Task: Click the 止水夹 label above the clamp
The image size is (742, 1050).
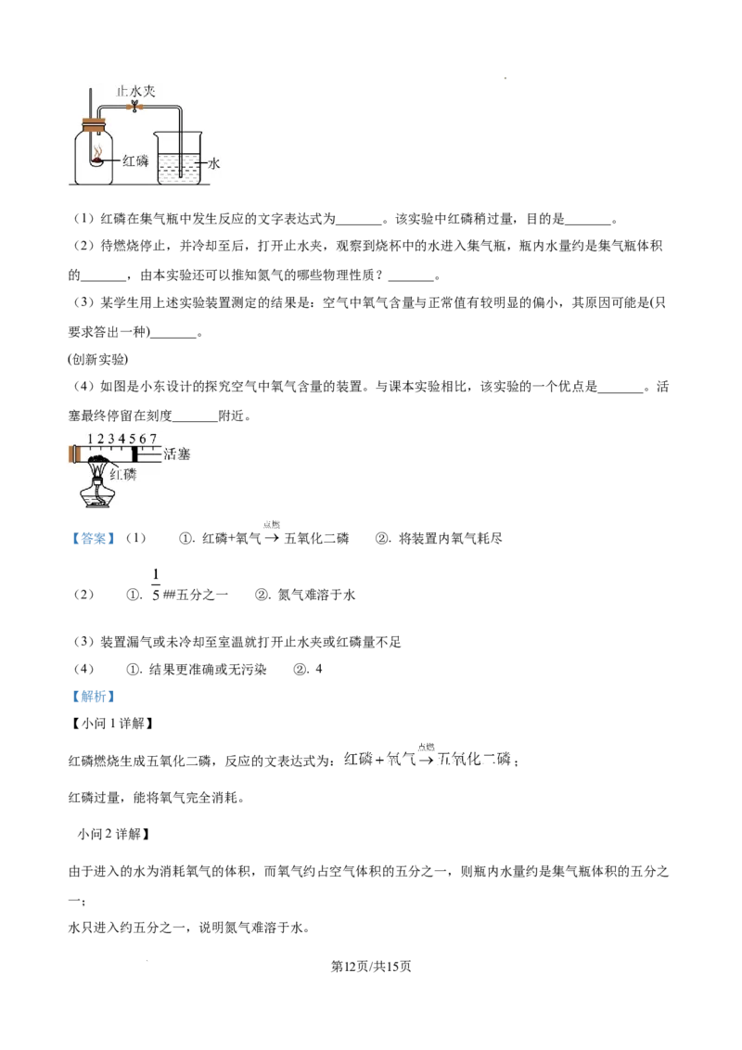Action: (136, 91)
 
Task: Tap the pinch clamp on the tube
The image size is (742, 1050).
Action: (135, 107)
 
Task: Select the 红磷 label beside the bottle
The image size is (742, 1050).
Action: (134, 160)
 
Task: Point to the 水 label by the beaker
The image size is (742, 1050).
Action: (213, 162)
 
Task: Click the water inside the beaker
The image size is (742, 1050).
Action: (181, 169)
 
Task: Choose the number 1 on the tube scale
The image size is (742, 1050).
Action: (91, 438)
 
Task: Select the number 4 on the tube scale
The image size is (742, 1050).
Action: (122, 438)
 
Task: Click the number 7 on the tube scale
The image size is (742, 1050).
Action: (153, 438)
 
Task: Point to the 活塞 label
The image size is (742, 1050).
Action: (176, 455)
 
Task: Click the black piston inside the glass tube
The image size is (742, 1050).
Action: (135, 455)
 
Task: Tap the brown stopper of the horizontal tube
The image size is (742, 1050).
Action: (73, 455)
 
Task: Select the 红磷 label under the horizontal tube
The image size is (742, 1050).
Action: (123, 474)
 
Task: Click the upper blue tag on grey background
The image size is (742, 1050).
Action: (92, 539)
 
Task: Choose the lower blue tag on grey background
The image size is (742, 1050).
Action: (92, 696)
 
